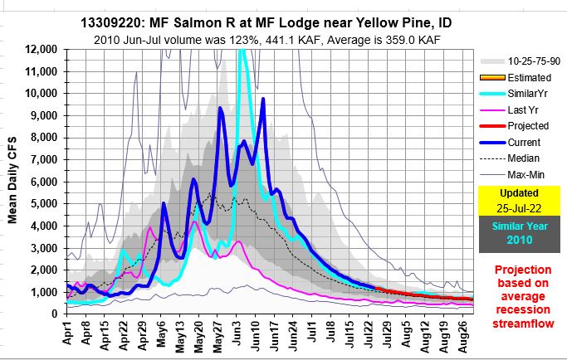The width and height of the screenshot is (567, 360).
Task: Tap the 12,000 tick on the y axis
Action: point(41,49)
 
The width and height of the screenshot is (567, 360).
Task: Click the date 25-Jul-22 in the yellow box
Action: point(517,206)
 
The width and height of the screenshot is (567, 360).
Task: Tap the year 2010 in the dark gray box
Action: point(517,240)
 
